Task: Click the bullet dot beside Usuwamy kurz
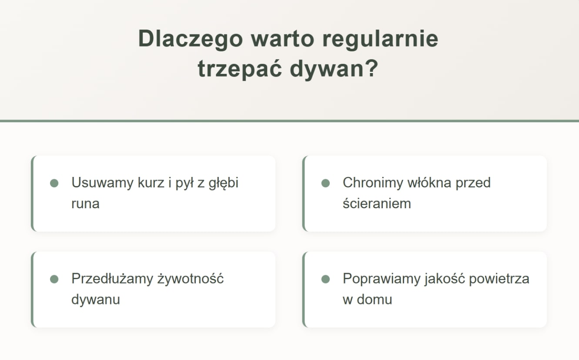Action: point(54,183)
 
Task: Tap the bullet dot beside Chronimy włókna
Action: point(325,183)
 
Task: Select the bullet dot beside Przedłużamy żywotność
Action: point(54,279)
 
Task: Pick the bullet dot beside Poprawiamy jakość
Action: point(325,279)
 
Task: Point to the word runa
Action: point(85,203)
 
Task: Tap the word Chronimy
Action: point(373,183)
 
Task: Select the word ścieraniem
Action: point(377,203)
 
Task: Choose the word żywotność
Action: point(191,278)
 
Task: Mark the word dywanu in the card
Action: point(95,300)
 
